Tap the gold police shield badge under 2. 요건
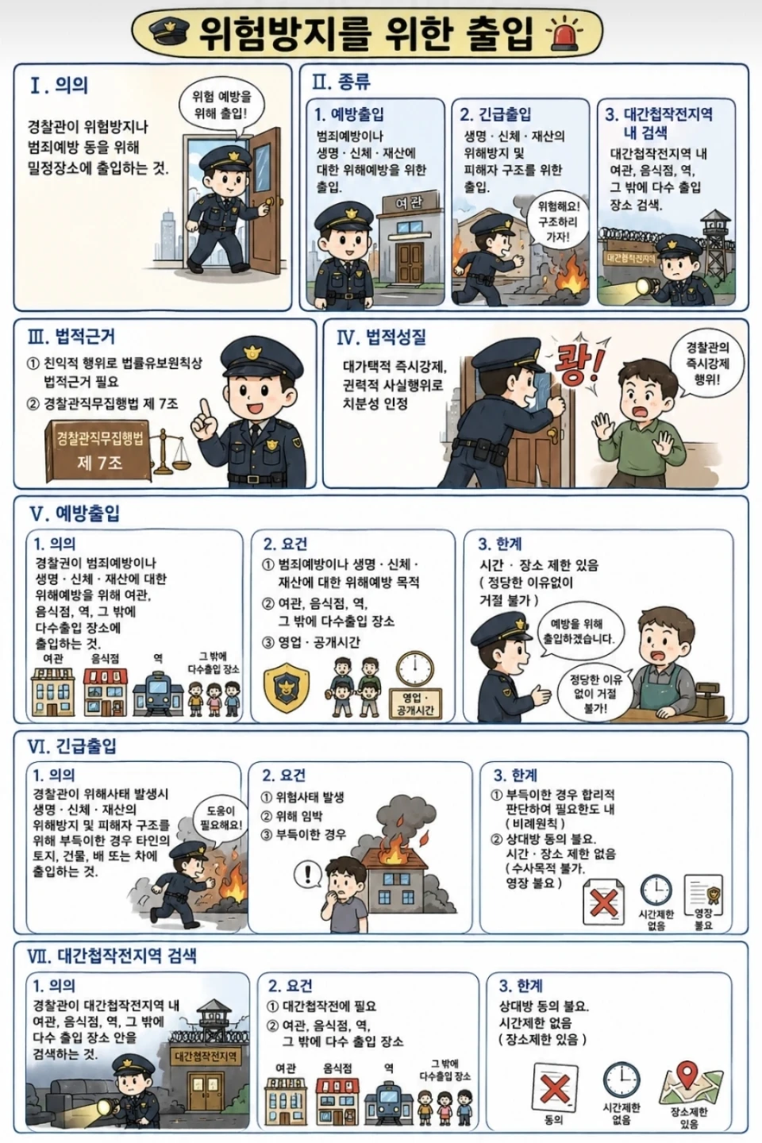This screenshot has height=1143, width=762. [287, 687]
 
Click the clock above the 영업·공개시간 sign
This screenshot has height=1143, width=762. [415, 669]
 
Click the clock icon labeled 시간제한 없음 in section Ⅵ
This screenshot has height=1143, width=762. [656, 890]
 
